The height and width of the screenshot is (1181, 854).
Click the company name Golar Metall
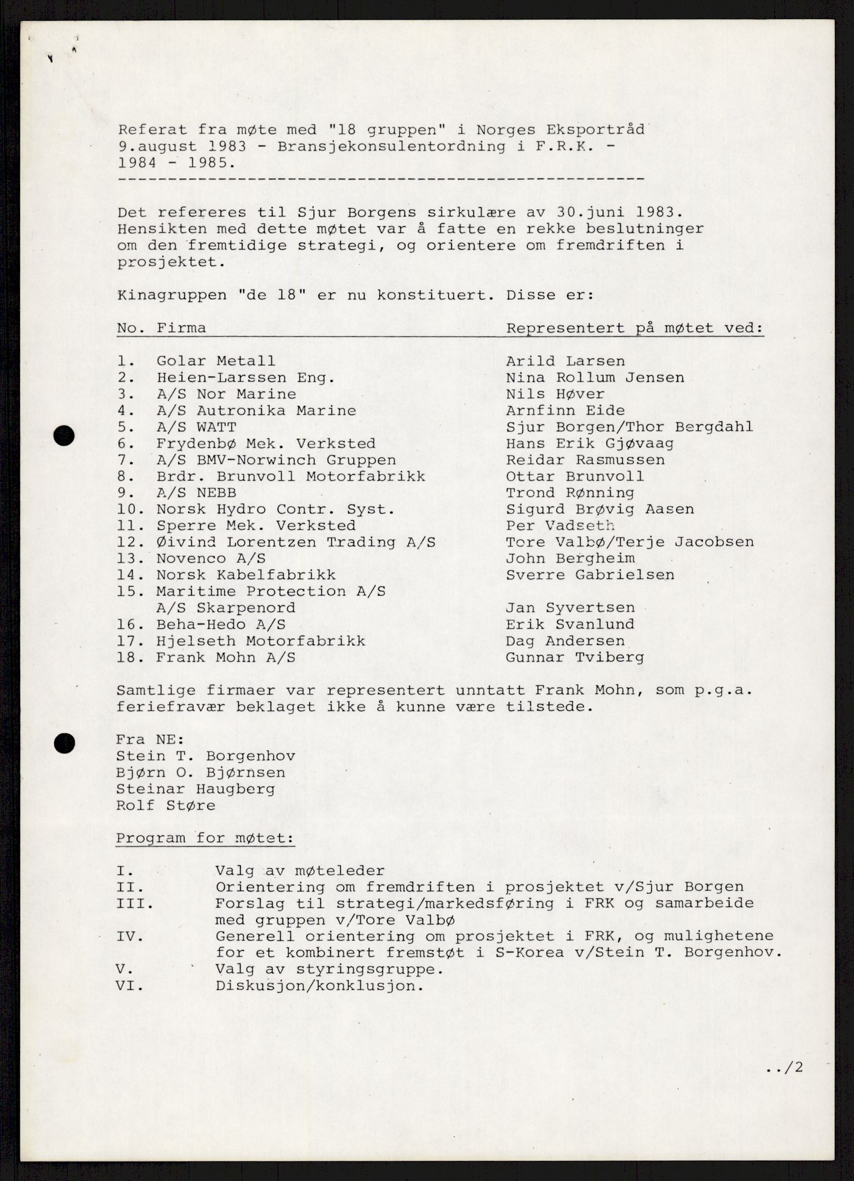point(216,362)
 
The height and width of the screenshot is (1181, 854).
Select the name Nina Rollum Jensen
point(595,378)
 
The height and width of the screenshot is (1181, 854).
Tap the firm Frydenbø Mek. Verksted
point(266,444)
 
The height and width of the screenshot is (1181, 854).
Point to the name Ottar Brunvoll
point(575,477)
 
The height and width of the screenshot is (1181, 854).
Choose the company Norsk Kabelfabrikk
point(246,576)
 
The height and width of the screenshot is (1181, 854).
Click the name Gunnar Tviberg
point(575,657)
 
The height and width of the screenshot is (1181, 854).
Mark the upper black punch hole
point(64,435)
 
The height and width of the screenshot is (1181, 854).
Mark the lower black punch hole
point(64,743)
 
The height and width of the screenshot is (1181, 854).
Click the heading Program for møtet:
point(205,838)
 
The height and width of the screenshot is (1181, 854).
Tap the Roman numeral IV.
point(126,936)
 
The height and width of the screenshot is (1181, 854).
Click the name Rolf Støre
point(165,806)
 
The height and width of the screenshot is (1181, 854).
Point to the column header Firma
point(181,329)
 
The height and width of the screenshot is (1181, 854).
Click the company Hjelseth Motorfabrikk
point(261,641)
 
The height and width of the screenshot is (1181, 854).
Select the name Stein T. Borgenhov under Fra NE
point(205,756)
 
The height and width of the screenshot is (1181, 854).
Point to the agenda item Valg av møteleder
point(300,871)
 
